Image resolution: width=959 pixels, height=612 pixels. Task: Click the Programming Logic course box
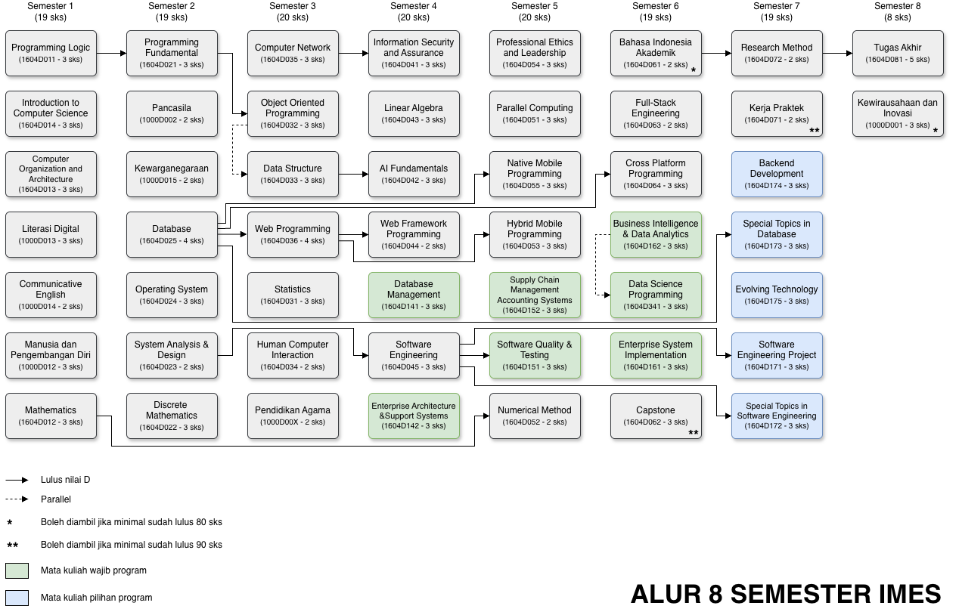tap(51, 53)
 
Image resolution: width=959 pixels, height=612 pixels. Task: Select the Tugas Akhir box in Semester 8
tap(898, 53)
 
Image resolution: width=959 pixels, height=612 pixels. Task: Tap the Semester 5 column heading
tap(535, 11)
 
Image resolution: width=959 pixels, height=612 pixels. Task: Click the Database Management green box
tap(414, 295)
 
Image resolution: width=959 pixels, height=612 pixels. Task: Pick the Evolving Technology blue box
tap(777, 295)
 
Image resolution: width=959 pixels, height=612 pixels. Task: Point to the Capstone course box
tap(656, 416)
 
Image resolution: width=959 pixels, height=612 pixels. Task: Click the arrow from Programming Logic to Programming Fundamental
tap(112, 54)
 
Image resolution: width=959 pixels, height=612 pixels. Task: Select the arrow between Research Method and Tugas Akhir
tap(837, 54)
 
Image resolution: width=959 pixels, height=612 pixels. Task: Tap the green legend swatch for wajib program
tap(17, 570)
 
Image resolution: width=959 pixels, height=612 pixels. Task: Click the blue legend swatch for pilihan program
tap(17, 598)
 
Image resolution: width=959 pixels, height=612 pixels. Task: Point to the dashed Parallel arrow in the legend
tap(17, 499)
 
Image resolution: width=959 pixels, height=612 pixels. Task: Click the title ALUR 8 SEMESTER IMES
tap(786, 594)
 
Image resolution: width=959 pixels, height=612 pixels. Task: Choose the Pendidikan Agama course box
tap(293, 416)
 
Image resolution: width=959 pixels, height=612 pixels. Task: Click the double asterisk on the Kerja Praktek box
tap(815, 131)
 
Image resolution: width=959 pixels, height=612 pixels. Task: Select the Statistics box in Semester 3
tap(293, 295)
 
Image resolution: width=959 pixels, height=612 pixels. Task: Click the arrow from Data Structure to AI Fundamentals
tap(354, 174)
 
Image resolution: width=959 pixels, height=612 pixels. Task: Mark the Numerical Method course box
tap(535, 416)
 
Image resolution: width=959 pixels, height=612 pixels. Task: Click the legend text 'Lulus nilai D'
tap(66, 480)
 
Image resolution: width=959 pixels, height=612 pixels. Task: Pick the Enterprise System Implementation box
tap(656, 355)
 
